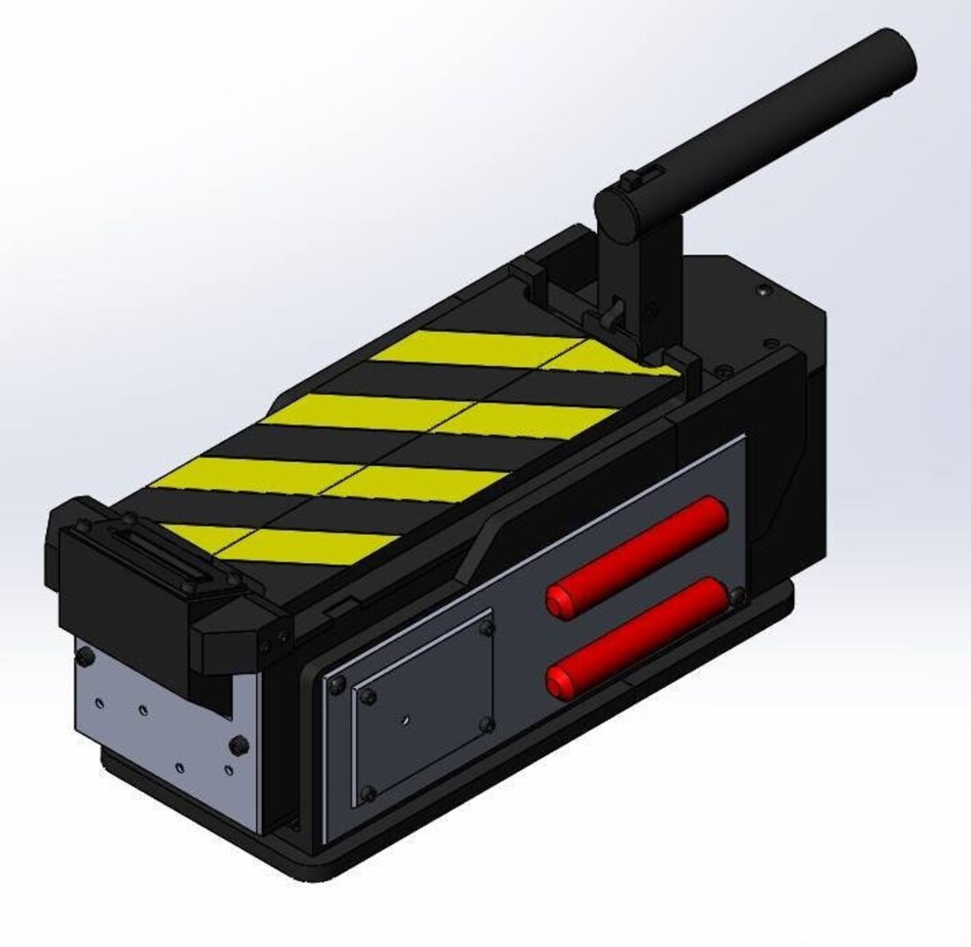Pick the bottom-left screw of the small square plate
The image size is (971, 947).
pos(367,792)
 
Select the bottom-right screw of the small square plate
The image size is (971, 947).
pos(486,722)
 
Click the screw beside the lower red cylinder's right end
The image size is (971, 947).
pos(737,595)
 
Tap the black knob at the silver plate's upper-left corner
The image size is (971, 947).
pos(84,660)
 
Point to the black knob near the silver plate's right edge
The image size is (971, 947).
pos(238,746)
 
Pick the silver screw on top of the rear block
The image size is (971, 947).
pos(762,290)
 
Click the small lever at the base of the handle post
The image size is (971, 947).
pos(613,314)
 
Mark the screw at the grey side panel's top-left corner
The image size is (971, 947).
pos(336,686)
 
